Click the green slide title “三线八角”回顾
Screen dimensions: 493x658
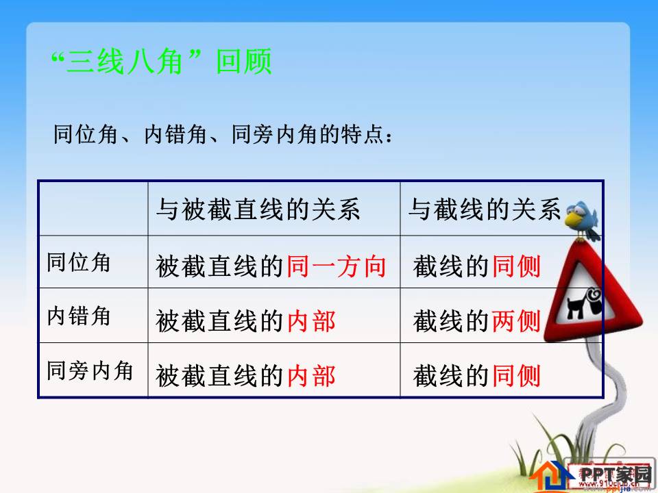(162, 62)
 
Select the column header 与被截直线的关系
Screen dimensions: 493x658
(258, 210)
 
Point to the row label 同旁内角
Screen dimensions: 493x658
(90, 370)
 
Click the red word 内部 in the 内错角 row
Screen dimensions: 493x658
(311, 320)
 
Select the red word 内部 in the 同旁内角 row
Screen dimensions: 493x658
(311, 375)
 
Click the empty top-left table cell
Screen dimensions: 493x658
(93, 209)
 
